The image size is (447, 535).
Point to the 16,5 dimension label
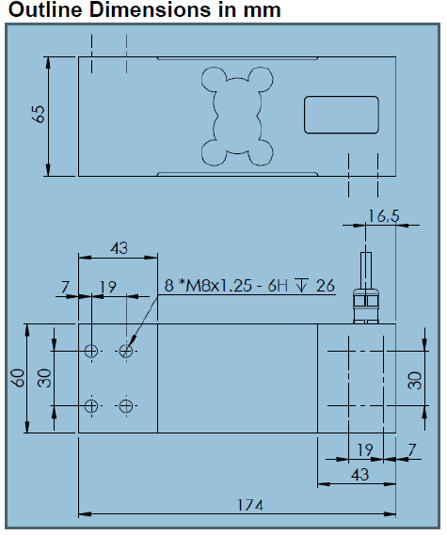click(383, 215)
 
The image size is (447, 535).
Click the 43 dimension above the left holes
click(119, 248)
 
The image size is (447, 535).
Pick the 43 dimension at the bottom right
click(359, 476)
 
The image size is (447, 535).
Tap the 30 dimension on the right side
click(415, 379)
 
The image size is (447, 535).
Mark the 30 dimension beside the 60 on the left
click(43, 378)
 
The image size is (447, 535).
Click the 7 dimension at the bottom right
click(413, 450)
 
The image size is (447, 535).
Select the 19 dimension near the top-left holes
click(108, 287)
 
